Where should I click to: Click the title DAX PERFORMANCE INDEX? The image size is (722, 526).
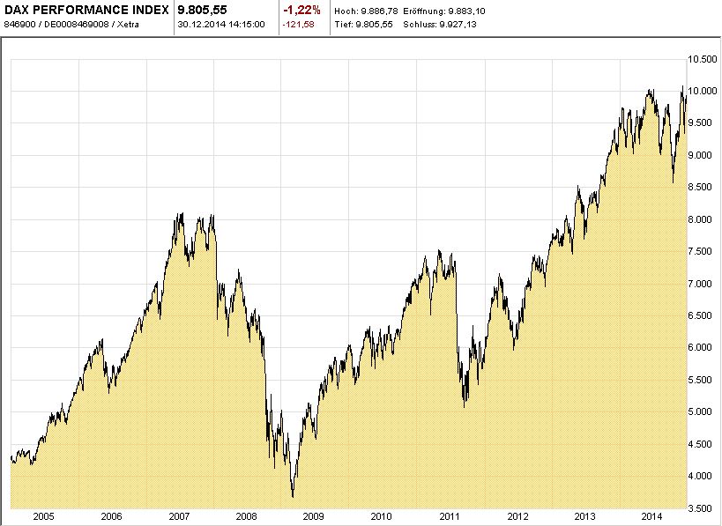[x=86, y=10]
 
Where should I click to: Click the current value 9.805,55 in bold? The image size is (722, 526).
[x=203, y=10]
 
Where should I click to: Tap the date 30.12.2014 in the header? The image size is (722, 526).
[x=201, y=24]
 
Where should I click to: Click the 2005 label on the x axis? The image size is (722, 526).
[x=44, y=516]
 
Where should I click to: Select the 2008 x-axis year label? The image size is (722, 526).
[x=246, y=516]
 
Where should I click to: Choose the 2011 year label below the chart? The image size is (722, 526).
[x=450, y=516]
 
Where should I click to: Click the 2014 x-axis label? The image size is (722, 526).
[x=652, y=516]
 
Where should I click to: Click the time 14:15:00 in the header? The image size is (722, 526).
[x=247, y=24]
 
